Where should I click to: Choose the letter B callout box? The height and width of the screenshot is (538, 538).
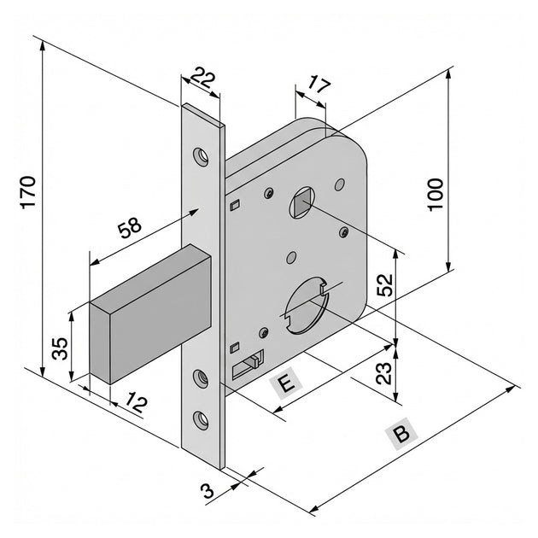coord(401,434)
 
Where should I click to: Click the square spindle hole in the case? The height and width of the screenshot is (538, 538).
coord(302,203)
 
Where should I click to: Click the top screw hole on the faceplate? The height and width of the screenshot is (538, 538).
coord(201,156)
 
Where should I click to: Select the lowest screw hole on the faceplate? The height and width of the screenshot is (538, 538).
coord(201,418)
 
